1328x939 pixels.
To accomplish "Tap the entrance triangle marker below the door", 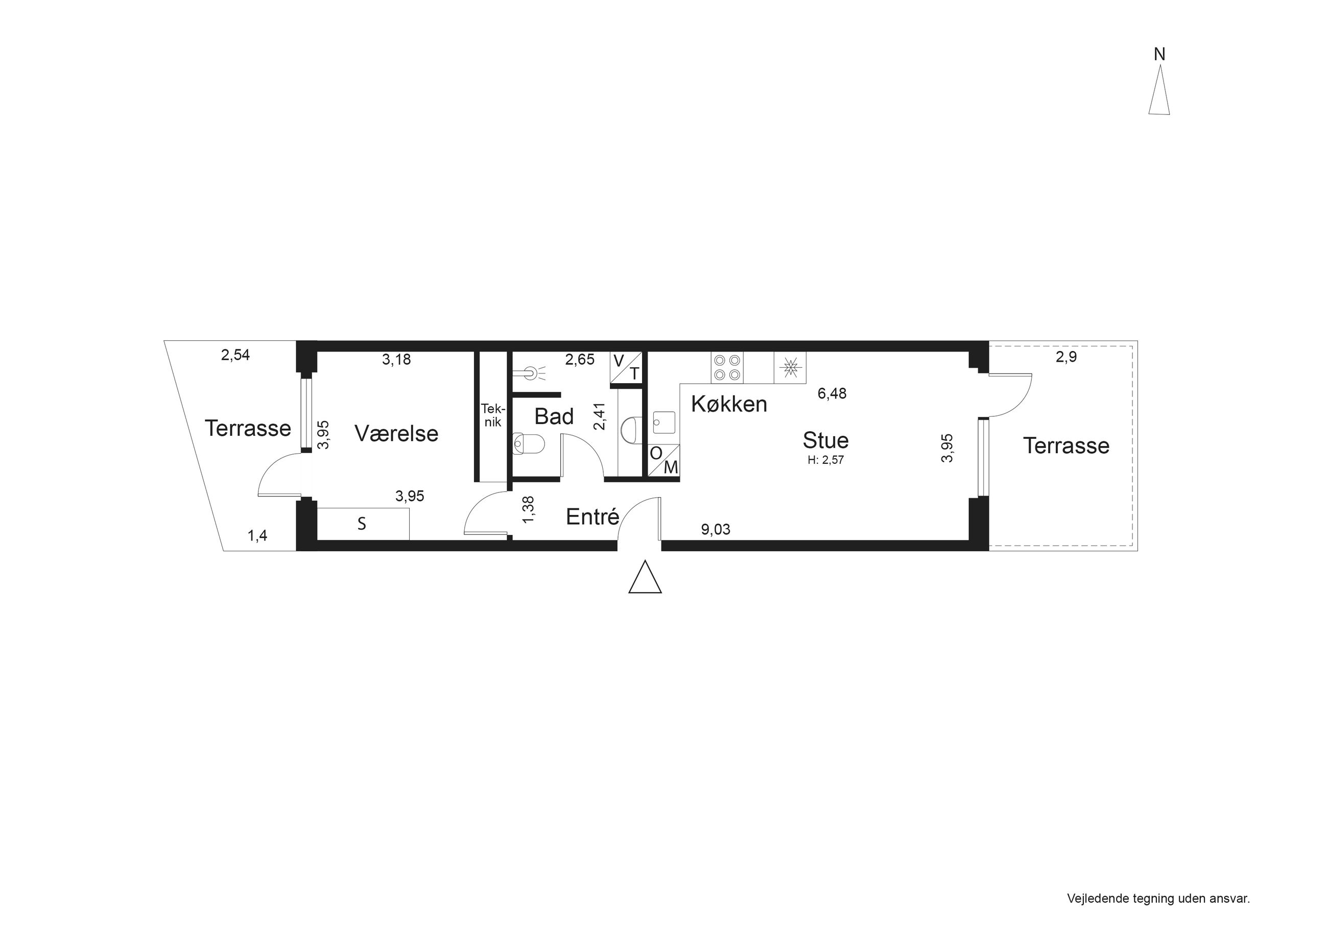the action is (x=645, y=577).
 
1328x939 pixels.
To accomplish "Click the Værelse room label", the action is (x=396, y=433).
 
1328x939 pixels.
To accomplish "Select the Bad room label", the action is (x=554, y=416).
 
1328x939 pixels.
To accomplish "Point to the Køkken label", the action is (x=729, y=404).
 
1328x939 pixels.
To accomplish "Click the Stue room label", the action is (x=825, y=440).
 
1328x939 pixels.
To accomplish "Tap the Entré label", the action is (x=592, y=516).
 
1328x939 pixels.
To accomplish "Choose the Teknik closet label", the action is (x=493, y=415).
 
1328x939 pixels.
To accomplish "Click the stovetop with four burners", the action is (x=727, y=367).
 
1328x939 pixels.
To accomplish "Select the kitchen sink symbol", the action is (x=664, y=422).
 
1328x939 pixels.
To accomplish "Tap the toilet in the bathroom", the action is (x=528, y=444).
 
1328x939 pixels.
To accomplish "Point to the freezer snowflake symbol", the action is (x=790, y=367).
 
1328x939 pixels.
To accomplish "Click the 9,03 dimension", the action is (x=716, y=529).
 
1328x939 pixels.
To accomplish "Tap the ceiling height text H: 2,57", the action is (x=826, y=460).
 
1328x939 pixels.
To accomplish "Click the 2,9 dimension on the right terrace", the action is (x=1066, y=357).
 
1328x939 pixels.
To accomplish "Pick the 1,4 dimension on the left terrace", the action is (x=257, y=536).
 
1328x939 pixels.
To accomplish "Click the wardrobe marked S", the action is (x=363, y=524).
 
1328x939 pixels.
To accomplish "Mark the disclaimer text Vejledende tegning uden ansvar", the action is (x=1158, y=899).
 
